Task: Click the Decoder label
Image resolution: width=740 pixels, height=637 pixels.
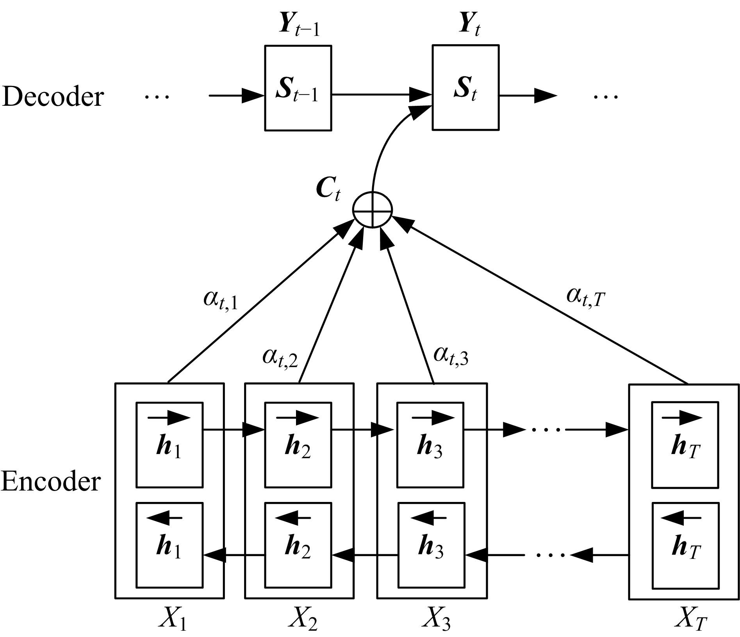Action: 53,96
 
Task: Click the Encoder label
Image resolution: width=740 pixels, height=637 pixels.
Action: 51,482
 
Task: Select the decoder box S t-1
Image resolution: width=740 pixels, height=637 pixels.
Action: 298,88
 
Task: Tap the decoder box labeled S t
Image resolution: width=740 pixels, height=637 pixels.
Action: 465,87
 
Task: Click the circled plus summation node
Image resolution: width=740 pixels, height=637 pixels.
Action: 372,210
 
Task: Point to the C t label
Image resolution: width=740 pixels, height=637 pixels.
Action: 328,190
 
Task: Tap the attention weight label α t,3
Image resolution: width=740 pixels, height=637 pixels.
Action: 450,356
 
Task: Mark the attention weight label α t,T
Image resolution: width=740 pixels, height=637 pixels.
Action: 585,297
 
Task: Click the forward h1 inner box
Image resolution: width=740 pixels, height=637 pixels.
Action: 169,445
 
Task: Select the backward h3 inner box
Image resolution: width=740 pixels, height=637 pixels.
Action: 431,545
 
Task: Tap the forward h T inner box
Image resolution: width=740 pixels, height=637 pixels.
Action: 685,445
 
